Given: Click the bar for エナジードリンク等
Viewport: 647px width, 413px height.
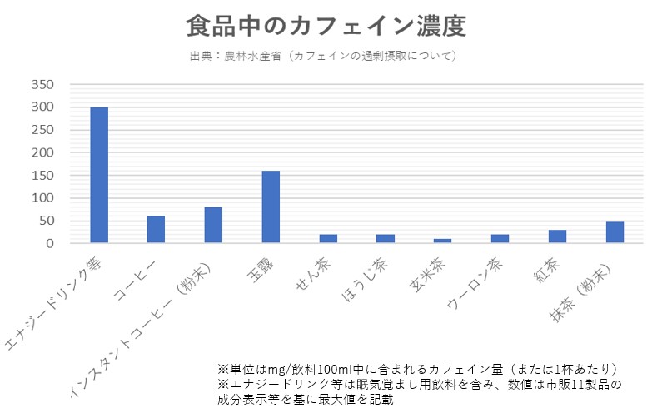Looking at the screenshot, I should tap(99, 175).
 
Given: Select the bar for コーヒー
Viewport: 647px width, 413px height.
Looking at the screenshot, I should tap(156, 230).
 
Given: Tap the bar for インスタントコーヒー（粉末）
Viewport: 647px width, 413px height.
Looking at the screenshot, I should tap(213, 225).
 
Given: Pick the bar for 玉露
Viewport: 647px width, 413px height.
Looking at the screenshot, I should tap(271, 206).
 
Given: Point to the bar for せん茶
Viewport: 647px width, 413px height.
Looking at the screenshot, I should tap(328, 239).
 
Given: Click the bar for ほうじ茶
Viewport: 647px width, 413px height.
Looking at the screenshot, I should tap(385, 239).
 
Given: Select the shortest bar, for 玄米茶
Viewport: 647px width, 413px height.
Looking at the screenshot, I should tap(442, 241).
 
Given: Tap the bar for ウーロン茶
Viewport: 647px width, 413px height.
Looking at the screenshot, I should tap(500, 239).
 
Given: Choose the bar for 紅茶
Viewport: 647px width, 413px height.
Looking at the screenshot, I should tap(557, 236).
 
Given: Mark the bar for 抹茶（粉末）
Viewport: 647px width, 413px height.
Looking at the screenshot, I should tap(615, 232).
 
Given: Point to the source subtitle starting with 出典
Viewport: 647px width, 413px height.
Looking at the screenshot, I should tap(323, 56).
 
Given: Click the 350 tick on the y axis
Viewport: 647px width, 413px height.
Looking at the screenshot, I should tap(41, 85).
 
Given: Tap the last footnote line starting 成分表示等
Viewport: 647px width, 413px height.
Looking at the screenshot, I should tap(304, 399).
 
